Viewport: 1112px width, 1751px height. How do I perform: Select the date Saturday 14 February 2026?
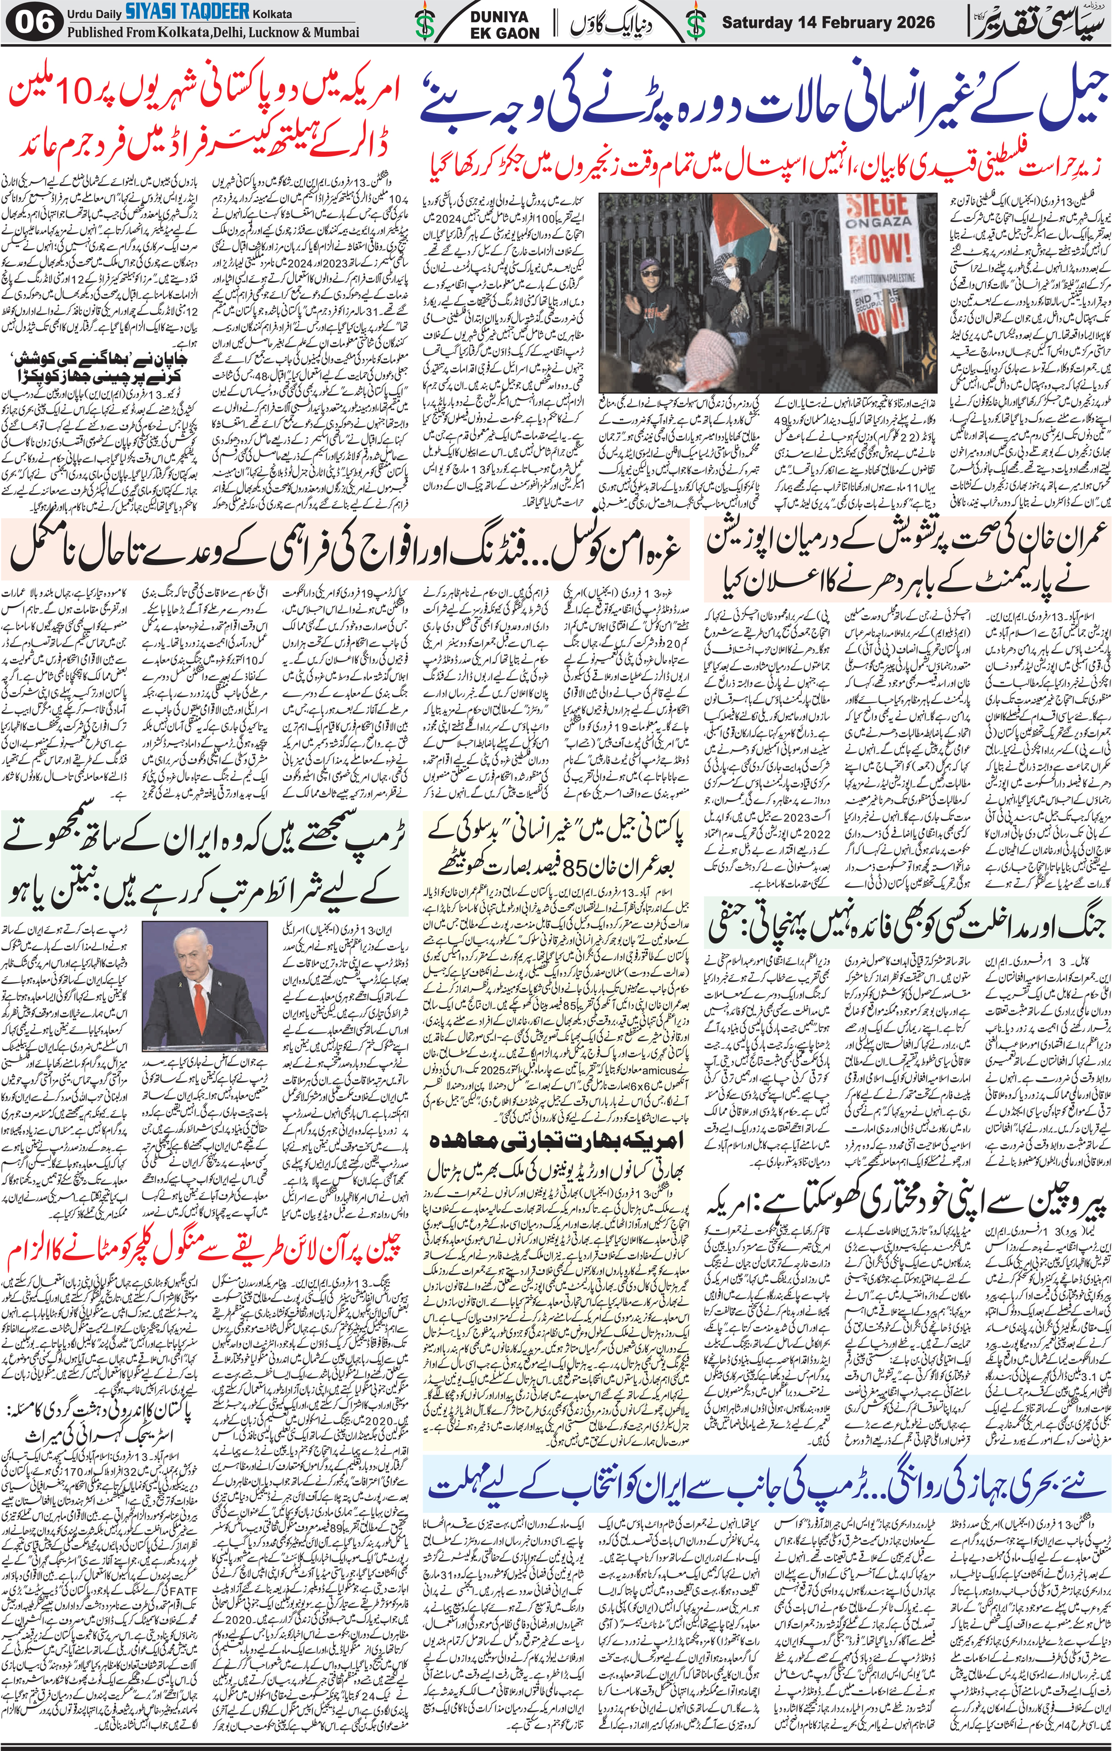828,23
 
